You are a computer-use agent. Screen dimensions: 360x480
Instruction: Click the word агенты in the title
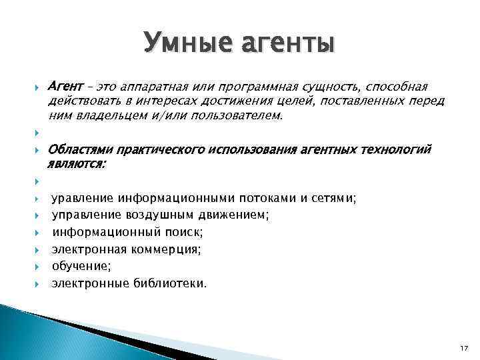(287, 44)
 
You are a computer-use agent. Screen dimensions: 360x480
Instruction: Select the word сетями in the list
(337, 198)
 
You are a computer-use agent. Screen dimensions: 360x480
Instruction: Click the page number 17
(465, 349)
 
